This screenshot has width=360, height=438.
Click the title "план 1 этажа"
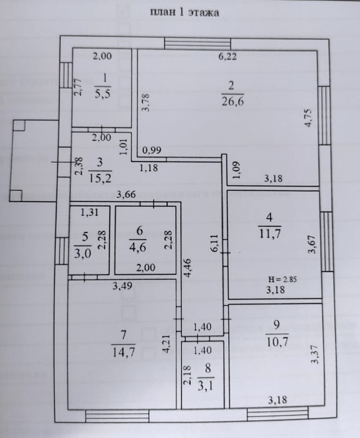tap(184, 12)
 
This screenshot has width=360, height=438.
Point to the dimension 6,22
tap(227, 56)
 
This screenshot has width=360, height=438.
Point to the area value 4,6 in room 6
tap(140, 245)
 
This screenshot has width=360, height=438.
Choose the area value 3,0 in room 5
tap(82, 253)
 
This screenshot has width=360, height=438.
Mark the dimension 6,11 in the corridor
tap(214, 243)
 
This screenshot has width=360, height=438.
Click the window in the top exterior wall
tap(197, 44)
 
